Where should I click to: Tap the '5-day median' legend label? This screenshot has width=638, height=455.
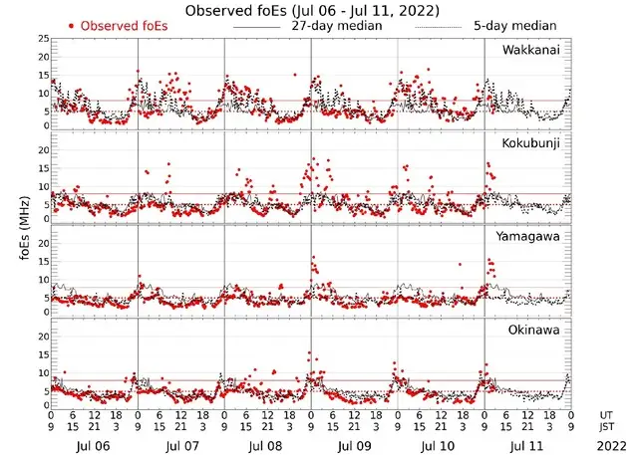(514, 25)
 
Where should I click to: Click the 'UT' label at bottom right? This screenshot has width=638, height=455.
(607, 414)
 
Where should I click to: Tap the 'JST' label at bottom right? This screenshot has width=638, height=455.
(607, 427)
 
